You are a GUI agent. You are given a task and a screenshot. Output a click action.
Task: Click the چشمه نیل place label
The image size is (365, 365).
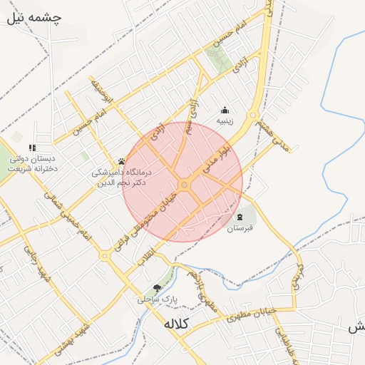(34, 18)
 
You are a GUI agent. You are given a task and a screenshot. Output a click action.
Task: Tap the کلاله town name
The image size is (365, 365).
(175, 324)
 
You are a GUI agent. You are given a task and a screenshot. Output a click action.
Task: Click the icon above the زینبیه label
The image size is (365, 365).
(225, 110)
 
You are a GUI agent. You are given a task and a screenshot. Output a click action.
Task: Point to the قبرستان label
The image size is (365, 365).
(240, 229)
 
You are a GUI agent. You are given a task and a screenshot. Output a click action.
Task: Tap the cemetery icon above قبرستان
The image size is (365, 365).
(240, 217)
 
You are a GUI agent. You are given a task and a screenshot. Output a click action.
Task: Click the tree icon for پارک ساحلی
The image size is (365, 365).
(157, 288)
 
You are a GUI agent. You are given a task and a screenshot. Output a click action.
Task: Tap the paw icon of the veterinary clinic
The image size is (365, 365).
(122, 161)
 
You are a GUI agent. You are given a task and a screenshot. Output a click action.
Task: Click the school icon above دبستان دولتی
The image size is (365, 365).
(32, 148)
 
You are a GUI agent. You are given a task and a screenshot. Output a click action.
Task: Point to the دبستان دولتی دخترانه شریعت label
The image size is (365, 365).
(32, 164)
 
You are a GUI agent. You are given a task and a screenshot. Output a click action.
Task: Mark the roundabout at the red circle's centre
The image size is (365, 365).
(184, 185)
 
